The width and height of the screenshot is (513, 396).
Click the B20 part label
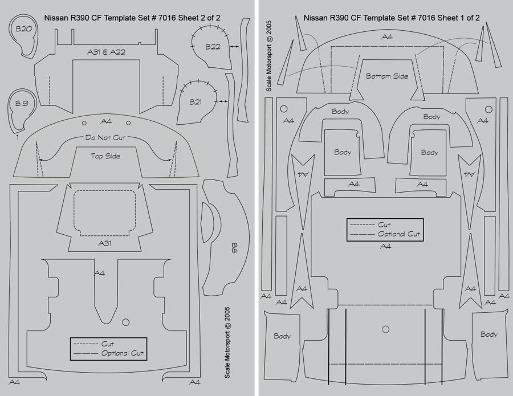coord(23,28)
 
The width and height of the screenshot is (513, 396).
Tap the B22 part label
coord(212,47)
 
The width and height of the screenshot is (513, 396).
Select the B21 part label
coord(196,102)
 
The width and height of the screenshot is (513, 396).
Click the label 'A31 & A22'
coord(106,52)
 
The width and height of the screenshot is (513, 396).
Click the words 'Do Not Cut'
coord(105,138)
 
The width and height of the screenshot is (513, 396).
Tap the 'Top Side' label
coord(105,156)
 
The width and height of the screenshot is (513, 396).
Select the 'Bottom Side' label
coord(387,76)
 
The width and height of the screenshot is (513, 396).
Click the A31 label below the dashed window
coord(104,243)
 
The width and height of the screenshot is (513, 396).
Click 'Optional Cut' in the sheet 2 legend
coord(123,354)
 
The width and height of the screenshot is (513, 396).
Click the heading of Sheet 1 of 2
coord(391,18)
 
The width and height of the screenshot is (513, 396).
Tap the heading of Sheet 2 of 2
coord(132,18)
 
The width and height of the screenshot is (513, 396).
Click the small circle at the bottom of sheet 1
coord(385,329)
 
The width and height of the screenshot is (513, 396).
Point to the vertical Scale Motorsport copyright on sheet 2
coord(227,342)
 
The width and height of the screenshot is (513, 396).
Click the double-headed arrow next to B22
coord(233,44)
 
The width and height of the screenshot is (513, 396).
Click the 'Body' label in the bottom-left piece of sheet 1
coord(282,336)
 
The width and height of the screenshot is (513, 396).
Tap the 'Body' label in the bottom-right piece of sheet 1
coord(488,334)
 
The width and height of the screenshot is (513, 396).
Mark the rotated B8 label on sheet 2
coord(234,247)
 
